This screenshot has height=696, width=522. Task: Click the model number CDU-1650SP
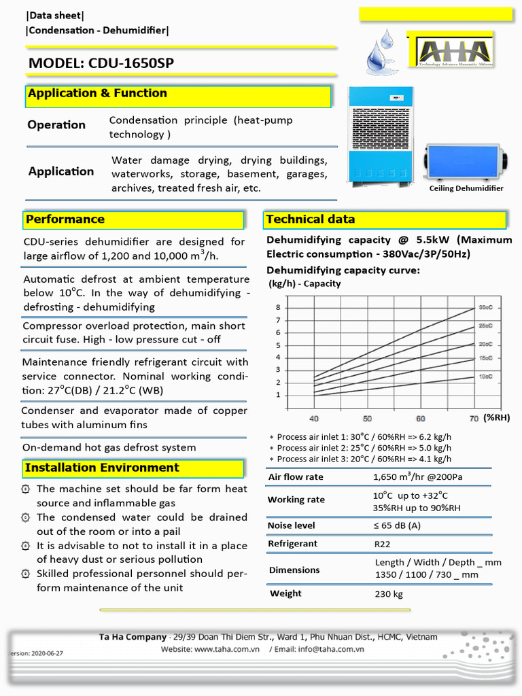129,64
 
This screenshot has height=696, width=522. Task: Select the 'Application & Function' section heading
97,94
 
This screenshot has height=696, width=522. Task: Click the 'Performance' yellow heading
65,220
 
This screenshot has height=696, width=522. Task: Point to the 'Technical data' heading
311,220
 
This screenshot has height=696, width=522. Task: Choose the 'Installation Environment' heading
102,468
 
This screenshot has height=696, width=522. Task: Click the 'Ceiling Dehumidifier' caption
466,188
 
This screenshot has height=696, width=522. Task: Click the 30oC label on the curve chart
485,307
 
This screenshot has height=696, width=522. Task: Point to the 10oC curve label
485,376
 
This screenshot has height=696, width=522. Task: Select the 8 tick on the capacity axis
277,307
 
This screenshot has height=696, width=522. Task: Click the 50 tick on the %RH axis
367,419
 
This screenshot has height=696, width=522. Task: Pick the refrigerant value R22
383,544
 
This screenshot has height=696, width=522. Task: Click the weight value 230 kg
389,594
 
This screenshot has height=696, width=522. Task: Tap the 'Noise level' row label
291,525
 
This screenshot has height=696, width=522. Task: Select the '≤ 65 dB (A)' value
397,525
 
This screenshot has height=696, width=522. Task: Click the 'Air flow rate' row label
296,477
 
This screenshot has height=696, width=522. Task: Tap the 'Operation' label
56,125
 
